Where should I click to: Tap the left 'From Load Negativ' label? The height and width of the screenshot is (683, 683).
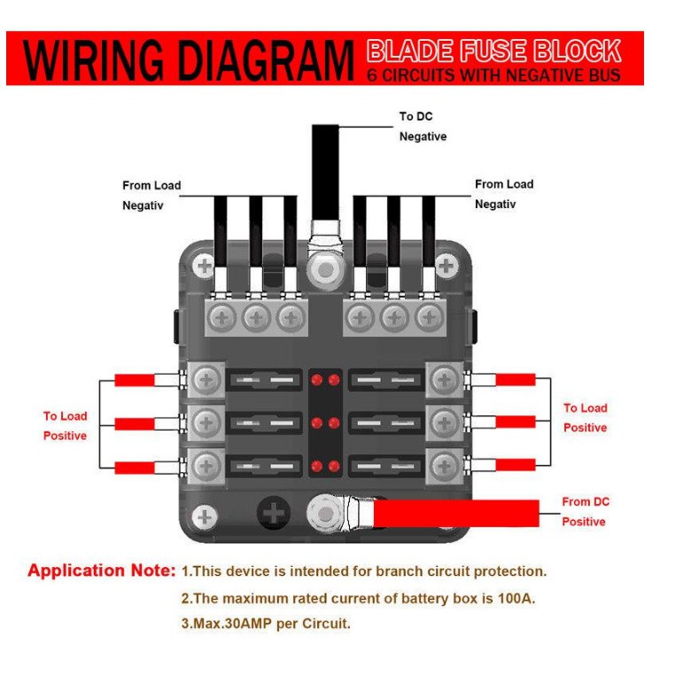[x=151, y=196]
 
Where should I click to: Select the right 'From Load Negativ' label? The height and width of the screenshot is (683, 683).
[x=504, y=194]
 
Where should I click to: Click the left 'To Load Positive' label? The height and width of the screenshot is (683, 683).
[x=66, y=426]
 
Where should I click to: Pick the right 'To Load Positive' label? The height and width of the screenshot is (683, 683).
[x=586, y=418]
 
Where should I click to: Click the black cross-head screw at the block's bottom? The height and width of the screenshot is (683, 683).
[x=275, y=513]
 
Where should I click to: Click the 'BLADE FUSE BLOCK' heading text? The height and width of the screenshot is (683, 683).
[x=493, y=50]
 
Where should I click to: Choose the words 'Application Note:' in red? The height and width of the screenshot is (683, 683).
[x=101, y=570]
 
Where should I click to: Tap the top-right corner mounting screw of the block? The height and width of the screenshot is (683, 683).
[x=448, y=264]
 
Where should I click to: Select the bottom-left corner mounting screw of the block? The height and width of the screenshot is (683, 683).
[x=206, y=516]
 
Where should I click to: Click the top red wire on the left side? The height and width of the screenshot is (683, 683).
[x=135, y=381]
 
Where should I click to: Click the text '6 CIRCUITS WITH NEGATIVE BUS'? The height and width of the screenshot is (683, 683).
[x=493, y=75]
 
